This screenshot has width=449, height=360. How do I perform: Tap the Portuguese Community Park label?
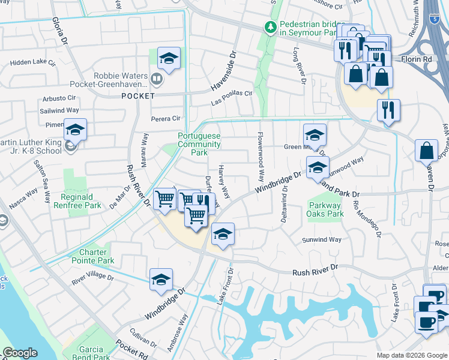click(x=199, y=145)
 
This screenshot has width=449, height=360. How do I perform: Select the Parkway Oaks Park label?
click(x=325, y=209)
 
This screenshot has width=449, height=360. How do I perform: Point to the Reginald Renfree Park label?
click(x=80, y=201)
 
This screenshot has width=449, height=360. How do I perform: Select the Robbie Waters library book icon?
click(x=156, y=77)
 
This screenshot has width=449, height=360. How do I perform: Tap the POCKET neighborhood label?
click(x=138, y=96)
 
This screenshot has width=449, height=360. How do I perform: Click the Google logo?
click(x=20, y=353)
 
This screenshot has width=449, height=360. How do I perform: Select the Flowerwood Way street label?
click(x=261, y=157)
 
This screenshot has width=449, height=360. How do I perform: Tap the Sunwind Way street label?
click(x=322, y=239)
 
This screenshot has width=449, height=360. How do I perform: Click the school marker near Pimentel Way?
click(x=75, y=129)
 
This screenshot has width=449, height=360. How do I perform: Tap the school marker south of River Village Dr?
click(x=161, y=279)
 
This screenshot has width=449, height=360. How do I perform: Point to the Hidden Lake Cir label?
click(x=32, y=62)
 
